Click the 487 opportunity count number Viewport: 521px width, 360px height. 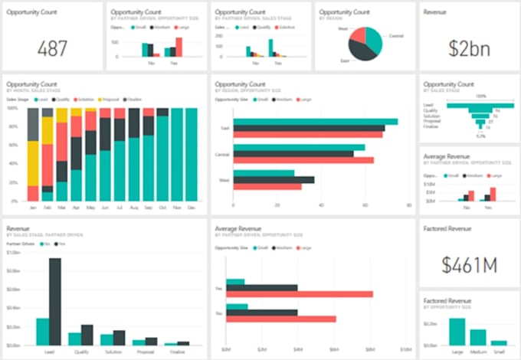[52, 47]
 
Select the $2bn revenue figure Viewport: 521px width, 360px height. [468, 47]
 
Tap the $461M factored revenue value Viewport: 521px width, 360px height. [468, 265]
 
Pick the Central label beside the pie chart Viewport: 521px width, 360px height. [396, 34]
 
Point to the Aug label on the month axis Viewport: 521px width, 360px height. [134, 208]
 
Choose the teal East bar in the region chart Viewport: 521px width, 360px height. [315, 121]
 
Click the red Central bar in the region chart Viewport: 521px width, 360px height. [303, 160]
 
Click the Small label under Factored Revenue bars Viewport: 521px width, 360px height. [500, 352]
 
